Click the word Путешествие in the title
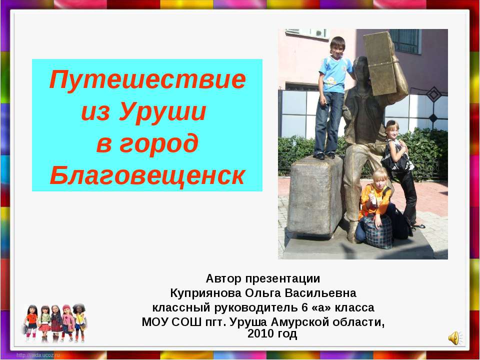[x=147, y=80]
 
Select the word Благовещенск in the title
[x=147, y=174]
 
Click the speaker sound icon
[x=454, y=338]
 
